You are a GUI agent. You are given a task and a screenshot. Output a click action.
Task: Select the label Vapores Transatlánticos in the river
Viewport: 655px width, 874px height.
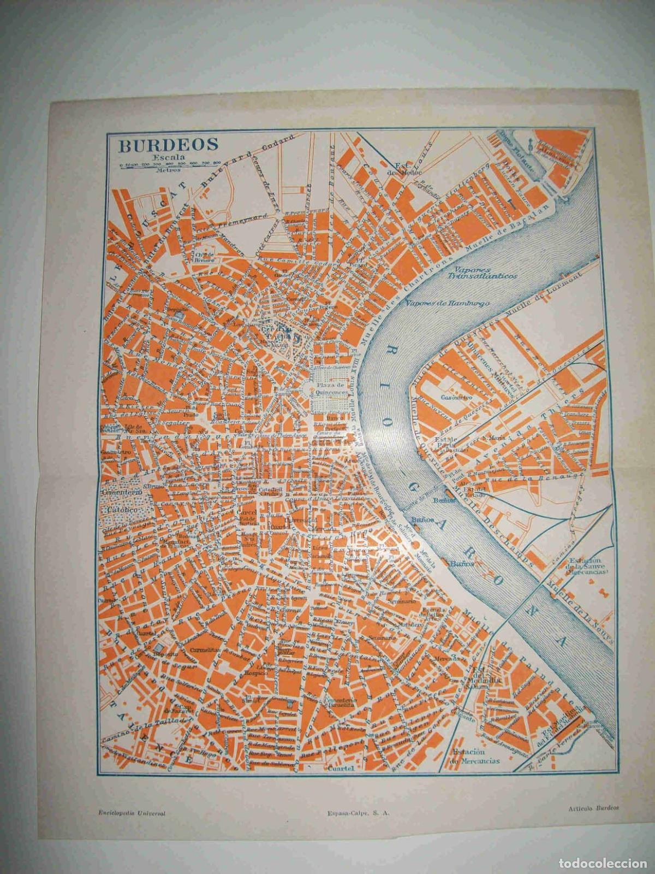point(481,273)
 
